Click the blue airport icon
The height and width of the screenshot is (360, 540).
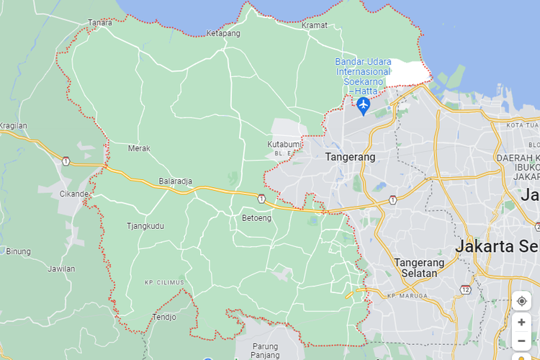363,106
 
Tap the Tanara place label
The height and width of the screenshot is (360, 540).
100,22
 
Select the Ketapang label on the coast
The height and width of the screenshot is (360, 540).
223,33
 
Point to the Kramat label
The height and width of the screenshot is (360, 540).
315,25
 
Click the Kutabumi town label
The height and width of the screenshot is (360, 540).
283,145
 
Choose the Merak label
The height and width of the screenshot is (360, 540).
139,148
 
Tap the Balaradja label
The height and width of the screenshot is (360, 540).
176,181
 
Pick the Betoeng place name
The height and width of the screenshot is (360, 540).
257,217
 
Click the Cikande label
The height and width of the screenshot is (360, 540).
74,194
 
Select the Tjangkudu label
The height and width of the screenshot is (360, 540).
145,226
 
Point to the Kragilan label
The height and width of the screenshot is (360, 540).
13,125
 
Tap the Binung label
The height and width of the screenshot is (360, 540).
19,251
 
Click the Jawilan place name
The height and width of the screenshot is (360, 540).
61,269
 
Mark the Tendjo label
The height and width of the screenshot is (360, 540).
164,317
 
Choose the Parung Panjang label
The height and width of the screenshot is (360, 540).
265,350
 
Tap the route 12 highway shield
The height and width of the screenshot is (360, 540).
466,289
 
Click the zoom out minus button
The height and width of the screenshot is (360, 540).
521,341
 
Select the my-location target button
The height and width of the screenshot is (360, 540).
521,301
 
